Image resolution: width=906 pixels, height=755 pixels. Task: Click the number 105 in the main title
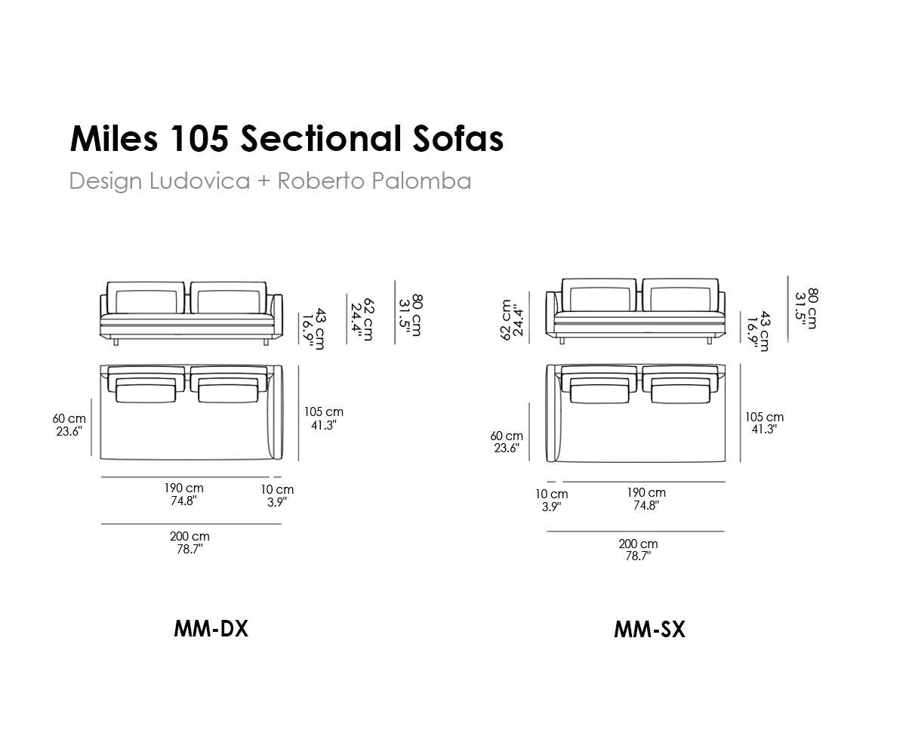199,138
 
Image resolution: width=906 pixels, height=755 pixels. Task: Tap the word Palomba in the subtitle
421,180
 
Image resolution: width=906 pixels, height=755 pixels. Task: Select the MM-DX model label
211,628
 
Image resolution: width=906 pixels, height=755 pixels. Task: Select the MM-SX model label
649,630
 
